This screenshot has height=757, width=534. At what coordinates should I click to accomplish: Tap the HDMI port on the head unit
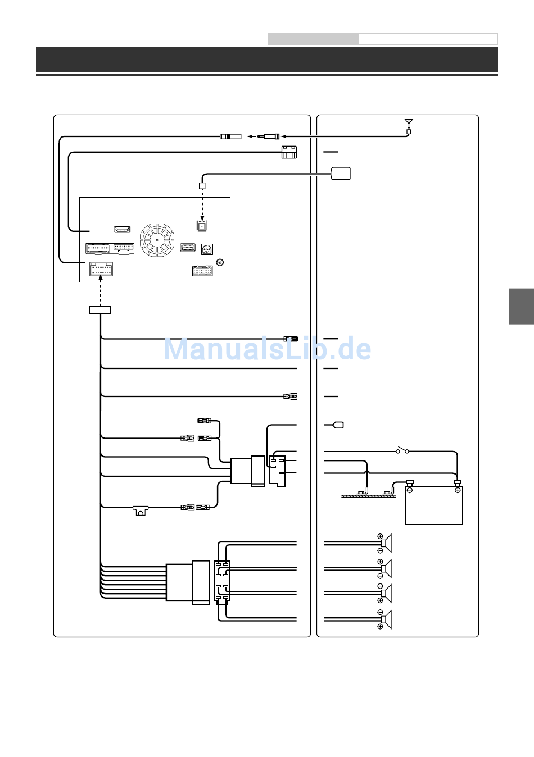[123, 229]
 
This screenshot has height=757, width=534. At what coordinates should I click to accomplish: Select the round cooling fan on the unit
[157, 240]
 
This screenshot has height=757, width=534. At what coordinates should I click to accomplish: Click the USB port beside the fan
[188, 247]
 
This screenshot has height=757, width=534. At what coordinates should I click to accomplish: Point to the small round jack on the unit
[220, 262]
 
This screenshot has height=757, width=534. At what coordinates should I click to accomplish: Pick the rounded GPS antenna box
[341, 174]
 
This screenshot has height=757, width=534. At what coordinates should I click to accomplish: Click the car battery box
[434, 505]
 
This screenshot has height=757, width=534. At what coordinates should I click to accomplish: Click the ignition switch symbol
[402, 450]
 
